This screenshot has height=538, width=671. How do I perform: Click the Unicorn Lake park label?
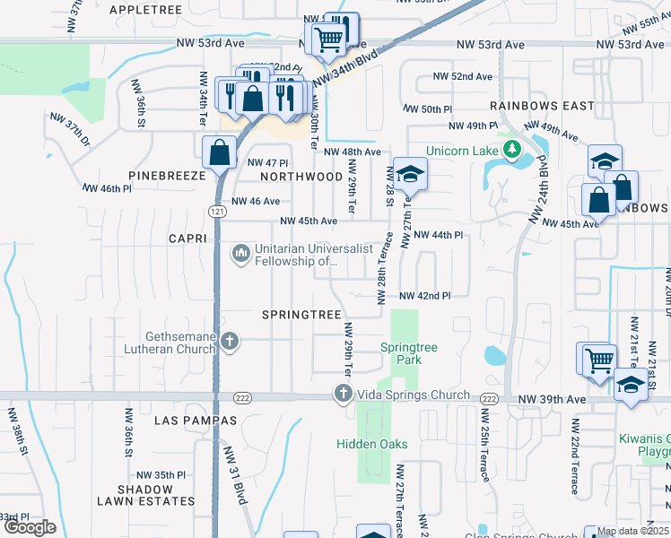[x=461, y=151]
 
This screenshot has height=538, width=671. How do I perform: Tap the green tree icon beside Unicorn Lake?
[x=512, y=150]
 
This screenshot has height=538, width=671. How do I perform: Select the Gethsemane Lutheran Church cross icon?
[x=230, y=341]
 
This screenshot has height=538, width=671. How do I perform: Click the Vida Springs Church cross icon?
[x=342, y=394]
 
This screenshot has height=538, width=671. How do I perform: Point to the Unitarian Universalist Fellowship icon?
[x=240, y=255]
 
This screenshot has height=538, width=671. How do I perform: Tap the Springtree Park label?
[x=400, y=352]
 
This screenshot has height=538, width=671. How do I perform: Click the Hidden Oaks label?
[x=372, y=444]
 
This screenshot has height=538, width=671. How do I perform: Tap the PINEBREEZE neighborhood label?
[x=167, y=177]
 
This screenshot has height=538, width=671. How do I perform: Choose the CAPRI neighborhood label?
[x=187, y=239]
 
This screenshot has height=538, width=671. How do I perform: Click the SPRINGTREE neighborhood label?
[x=301, y=315]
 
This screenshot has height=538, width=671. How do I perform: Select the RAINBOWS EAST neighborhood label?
[x=542, y=106]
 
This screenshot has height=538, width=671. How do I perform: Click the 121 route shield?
[x=216, y=211]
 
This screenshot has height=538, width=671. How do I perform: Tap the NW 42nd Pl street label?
[x=424, y=296]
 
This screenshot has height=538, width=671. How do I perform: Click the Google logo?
[x=30, y=527]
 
